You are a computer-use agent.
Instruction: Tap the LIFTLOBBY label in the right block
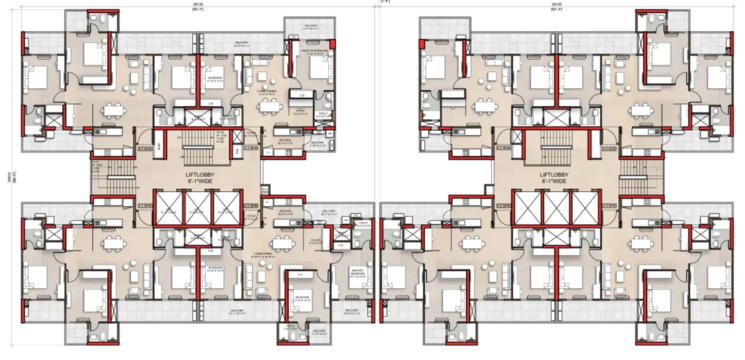coord(555,174)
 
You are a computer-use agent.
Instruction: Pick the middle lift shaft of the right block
coord(554,207)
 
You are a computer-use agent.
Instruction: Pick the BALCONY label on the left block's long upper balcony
coord(240,42)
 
